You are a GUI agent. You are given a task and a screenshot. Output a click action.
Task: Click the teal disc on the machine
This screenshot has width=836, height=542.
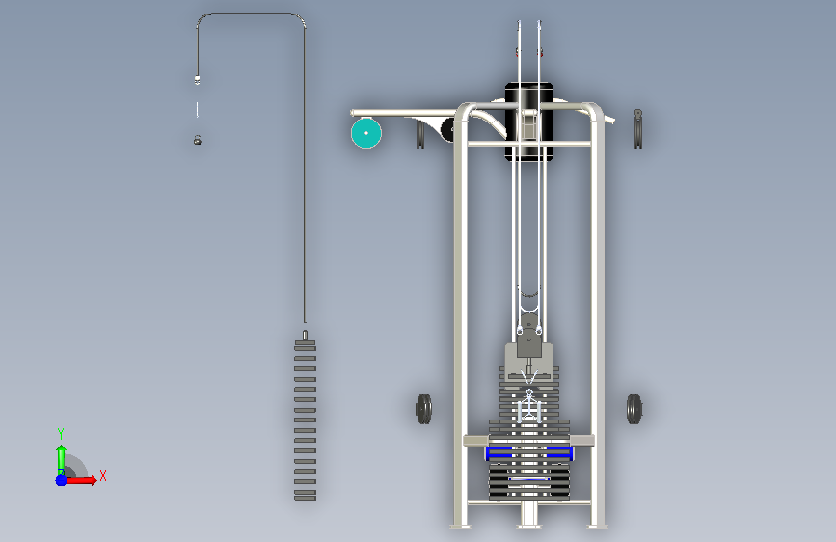(366, 133)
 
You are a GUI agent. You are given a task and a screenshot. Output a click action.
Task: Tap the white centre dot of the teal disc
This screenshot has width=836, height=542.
(366, 133)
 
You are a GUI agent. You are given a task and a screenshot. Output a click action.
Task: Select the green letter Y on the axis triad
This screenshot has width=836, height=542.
(61, 433)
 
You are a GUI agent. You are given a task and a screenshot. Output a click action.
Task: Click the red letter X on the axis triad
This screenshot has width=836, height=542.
(103, 475)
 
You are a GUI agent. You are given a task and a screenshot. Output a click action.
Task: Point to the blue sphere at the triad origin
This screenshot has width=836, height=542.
(62, 480)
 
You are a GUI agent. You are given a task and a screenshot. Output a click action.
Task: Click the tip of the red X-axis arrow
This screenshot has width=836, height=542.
(96, 480)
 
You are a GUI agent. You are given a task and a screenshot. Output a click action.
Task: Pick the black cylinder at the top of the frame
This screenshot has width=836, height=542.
(529, 122)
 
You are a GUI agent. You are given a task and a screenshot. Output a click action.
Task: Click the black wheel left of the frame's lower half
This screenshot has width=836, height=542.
(424, 409)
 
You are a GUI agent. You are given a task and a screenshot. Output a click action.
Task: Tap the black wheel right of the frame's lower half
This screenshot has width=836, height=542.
(634, 409)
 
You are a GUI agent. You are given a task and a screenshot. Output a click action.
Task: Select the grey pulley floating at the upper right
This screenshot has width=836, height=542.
(638, 129)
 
